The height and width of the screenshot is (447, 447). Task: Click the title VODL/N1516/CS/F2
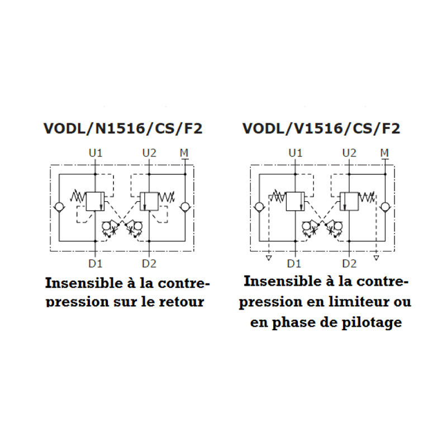point(123,129)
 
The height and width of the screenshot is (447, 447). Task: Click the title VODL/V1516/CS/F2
point(321,129)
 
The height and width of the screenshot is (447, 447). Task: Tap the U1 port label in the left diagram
point(96,153)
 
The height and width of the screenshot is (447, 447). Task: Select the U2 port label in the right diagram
point(349,153)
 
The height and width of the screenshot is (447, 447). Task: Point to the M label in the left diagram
point(184,153)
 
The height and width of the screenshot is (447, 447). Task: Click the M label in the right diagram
point(384,153)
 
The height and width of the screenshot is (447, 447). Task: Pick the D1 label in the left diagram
point(95,264)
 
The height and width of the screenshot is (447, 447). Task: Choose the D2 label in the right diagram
point(349,264)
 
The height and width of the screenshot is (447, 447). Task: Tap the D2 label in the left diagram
point(149,264)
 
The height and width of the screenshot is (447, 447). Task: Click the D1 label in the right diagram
point(294,264)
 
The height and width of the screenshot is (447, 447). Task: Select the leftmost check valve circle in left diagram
point(59,207)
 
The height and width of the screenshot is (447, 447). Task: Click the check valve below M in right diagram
point(385,207)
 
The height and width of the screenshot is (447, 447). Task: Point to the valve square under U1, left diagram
point(95,202)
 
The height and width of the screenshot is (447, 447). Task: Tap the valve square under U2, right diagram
point(349,202)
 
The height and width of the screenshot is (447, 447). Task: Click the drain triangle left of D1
point(269,258)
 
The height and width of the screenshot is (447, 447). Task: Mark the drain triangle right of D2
point(376,258)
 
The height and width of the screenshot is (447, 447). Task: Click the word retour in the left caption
point(182,302)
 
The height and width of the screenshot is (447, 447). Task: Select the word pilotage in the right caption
point(372,323)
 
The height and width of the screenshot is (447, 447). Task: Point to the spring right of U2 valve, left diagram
point(167,197)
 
